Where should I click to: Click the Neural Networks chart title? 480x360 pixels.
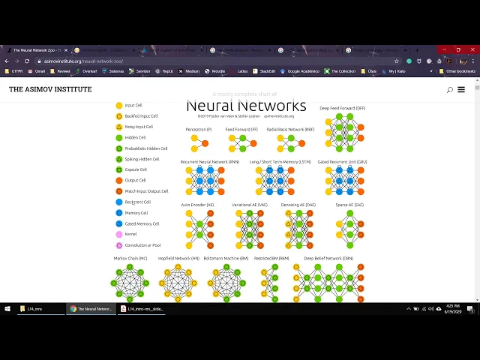(x=246, y=106)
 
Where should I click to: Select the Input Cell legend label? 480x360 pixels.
(x=133, y=106)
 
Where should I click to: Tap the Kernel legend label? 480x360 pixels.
(x=131, y=234)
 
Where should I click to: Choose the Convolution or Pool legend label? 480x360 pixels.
(x=142, y=245)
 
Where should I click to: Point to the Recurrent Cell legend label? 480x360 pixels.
(x=138, y=202)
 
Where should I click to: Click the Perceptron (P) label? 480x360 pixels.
(x=199, y=130)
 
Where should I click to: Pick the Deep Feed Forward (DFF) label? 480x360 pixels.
(x=343, y=108)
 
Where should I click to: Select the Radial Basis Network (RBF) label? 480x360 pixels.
(x=286, y=130)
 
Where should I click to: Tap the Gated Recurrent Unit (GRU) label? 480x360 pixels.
(x=343, y=162)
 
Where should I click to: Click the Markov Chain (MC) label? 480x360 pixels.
(x=130, y=258)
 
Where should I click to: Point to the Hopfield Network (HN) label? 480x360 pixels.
(x=178, y=258)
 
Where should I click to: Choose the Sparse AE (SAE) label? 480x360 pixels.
(x=349, y=204)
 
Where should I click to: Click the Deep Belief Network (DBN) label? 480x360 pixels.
(x=328, y=258)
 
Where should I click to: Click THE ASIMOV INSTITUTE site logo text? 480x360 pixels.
(x=50, y=89)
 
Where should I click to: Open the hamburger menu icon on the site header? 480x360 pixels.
(x=460, y=90)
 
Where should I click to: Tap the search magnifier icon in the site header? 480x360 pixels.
(x=449, y=90)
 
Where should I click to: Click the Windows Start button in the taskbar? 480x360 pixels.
(x=7, y=308)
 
